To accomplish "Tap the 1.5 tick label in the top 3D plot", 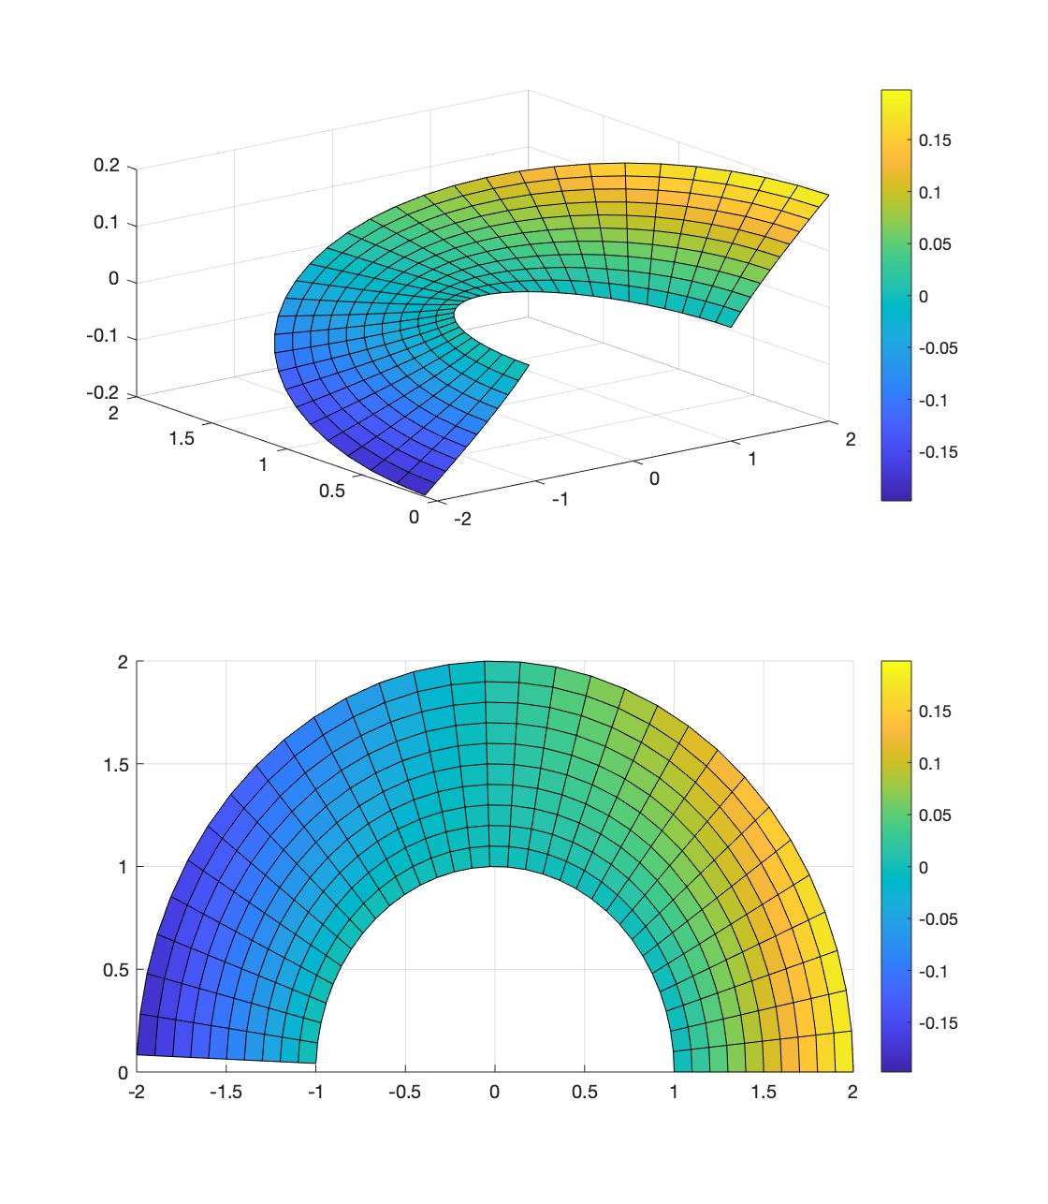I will coord(182,438).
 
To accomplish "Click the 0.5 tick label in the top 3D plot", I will coord(331,491).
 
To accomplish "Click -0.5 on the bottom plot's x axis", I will coord(404,1092).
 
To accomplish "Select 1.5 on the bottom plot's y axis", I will coord(115,764).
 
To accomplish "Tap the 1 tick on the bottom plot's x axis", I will coord(674,1092).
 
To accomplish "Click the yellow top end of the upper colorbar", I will coord(896,96).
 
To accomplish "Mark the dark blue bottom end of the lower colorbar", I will coord(896,1065).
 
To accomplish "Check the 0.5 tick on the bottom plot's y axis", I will coord(115,969).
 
